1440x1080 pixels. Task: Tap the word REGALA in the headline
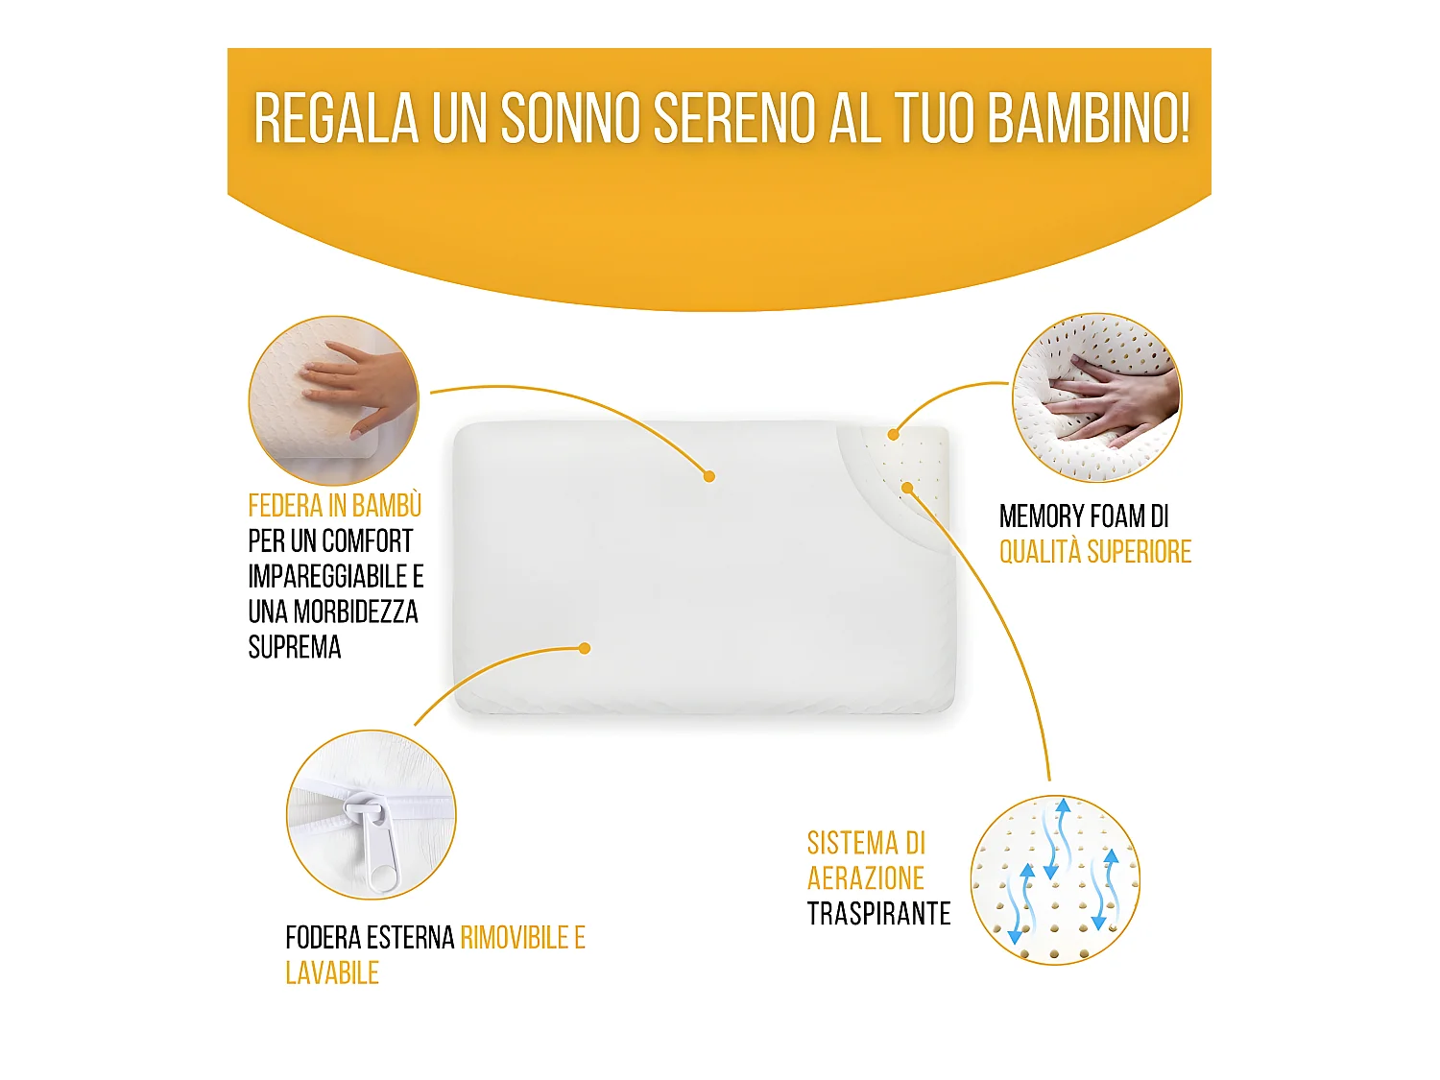(x=336, y=119)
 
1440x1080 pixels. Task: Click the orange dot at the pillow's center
(x=708, y=476)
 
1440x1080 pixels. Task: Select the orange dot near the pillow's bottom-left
(x=585, y=648)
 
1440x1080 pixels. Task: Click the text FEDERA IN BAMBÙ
(x=334, y=506)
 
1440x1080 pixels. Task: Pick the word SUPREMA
(x=295, y=648)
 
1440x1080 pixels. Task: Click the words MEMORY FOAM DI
(x=1084, y=516)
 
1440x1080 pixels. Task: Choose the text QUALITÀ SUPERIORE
(x=1094, y=552)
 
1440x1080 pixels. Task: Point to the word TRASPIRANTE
(x=878, y=914)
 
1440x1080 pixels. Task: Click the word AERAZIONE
(x=865, y=878)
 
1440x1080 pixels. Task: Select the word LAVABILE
(x=332, y=973)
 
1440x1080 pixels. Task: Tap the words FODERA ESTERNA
(x=370, y=938)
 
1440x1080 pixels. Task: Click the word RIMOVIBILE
(x=514, y=938)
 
